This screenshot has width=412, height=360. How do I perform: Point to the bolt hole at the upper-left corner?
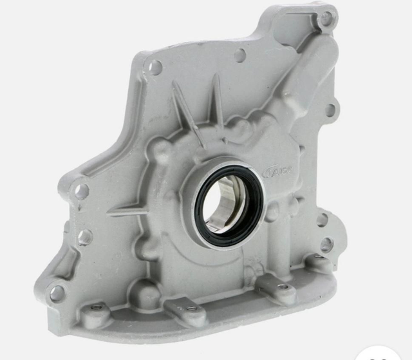pyautogui.click(x=156, y=66)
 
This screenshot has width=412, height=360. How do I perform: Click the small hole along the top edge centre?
pyautogui.click(x=239, y=55)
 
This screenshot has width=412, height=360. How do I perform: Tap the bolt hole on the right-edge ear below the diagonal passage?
pyautogui.click(x=330, y=109)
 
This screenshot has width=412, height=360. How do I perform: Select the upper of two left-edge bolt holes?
pyautogui.click(x=82, y=191)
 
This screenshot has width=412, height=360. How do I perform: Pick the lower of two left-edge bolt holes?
pyautogui.click(x=84, y=237)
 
